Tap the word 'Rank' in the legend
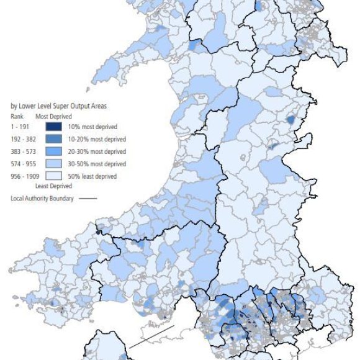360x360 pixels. click(x=17, y=116)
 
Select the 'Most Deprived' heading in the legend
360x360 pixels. click(x=53, y=116)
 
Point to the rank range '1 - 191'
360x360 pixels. click(x=20, y=127)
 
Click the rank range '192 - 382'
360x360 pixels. click(x=23, y=139)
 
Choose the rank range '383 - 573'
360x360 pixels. click(x=23, y=151)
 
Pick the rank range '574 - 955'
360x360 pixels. click(x=23, y=164)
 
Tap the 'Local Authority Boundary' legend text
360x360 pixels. click(x=42, y=199)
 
